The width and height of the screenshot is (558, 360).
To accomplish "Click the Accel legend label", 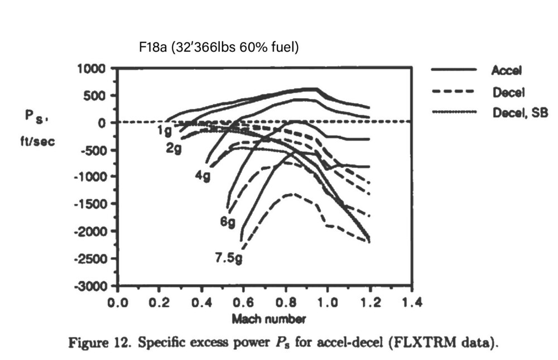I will click(506, 70).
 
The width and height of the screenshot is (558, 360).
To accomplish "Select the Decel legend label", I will click(506, 91).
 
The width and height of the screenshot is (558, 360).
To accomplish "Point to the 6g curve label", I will click(228, 222).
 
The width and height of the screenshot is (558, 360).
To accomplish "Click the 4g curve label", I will click(203, 175).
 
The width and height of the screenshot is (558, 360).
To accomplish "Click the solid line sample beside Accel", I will click(454, 70).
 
